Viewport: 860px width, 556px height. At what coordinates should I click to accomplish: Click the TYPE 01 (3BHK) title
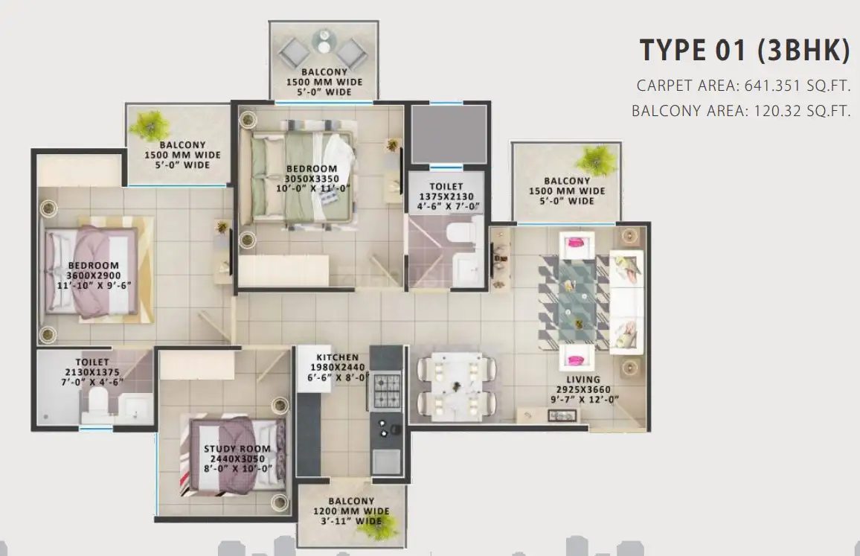click(x=745, y=49)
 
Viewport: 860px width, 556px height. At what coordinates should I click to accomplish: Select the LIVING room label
click(x=583, y=380)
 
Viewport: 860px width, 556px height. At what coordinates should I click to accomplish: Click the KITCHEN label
click(x=337, y=357)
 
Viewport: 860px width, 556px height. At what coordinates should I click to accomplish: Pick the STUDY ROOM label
click(x=237, y=449)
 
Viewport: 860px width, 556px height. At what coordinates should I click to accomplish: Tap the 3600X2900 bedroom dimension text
click(x=94, y=275)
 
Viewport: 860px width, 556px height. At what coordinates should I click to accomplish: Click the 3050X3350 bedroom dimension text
click(x=312, y=179)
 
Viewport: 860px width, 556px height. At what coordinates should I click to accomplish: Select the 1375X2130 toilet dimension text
click(x=446, y=196)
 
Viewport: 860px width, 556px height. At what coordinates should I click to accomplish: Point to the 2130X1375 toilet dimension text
click(x=92, y=372)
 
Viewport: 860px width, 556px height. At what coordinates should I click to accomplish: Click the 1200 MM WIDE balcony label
click(x=351, y=511)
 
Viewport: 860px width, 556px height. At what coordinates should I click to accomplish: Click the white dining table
click(x=456, y=386)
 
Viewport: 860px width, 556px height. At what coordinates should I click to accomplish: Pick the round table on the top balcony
click(x=324, y=41)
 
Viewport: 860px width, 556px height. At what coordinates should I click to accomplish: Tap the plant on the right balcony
click(x=596, y=159)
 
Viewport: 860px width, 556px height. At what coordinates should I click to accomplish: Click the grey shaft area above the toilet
click(x=449, y=134)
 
